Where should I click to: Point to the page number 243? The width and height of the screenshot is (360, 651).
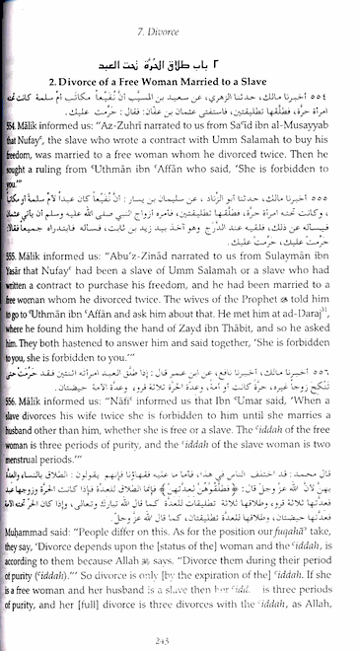[x=180, y=639]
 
